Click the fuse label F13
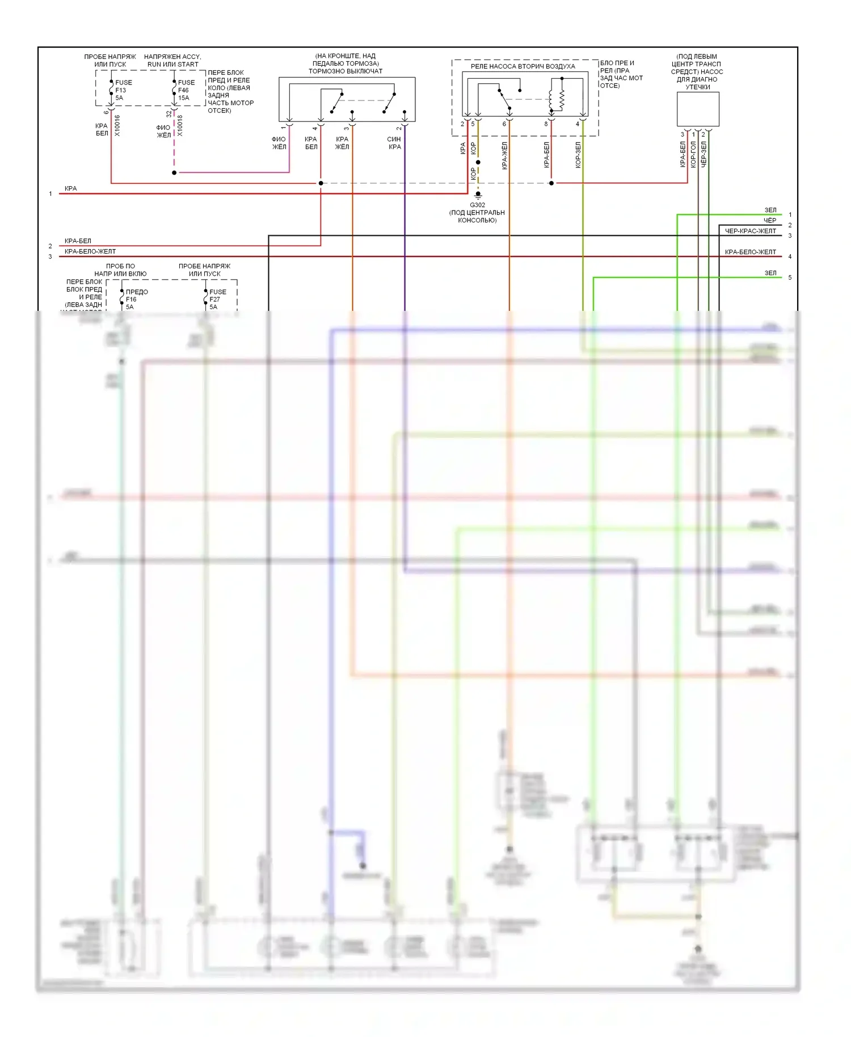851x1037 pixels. [x=120, y=90]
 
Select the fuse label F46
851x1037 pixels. [x=183, y=90]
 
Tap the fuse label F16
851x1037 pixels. [x=131, y=300]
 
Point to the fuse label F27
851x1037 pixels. [x=214, y=300]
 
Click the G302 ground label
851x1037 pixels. [x=477, y=205]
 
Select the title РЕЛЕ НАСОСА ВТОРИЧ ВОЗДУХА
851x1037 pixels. [x=523, y=66]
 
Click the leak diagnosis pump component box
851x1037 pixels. [x=698, y=109]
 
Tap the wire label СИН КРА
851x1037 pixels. [x=394, y=143]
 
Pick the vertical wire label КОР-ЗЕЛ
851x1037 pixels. [x=578, y=155]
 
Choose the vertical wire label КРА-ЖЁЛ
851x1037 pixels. [x=504, y=156]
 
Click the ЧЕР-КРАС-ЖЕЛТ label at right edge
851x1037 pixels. [x=750, y=231]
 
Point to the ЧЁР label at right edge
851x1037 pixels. [x=769, y=221]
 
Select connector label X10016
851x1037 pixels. [x=117, y=125]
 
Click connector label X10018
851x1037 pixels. [x=180, y=125]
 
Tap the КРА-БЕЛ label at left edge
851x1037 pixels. [x=78, y=241]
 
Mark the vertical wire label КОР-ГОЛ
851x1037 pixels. [x=693, y=154]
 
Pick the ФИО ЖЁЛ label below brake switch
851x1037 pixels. [x=279, y=143]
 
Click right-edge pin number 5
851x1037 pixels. [x=790, y=277]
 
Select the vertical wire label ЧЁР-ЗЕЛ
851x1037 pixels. [x=703, y=154]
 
